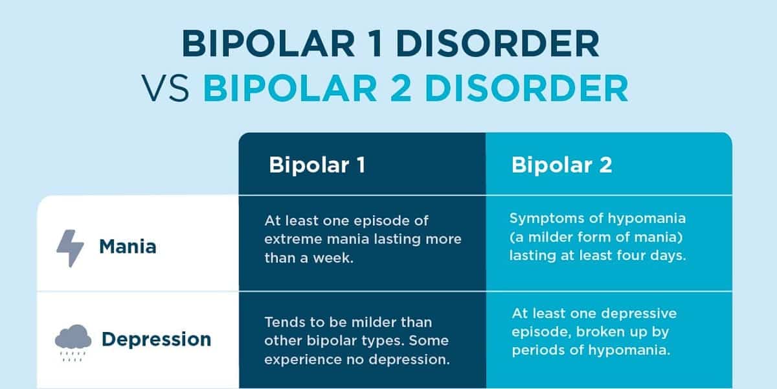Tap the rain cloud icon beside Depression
point(69,340)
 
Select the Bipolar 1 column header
point(317,165)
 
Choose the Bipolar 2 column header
point(561,165)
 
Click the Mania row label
point(128,247)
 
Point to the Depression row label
point(155,339)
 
